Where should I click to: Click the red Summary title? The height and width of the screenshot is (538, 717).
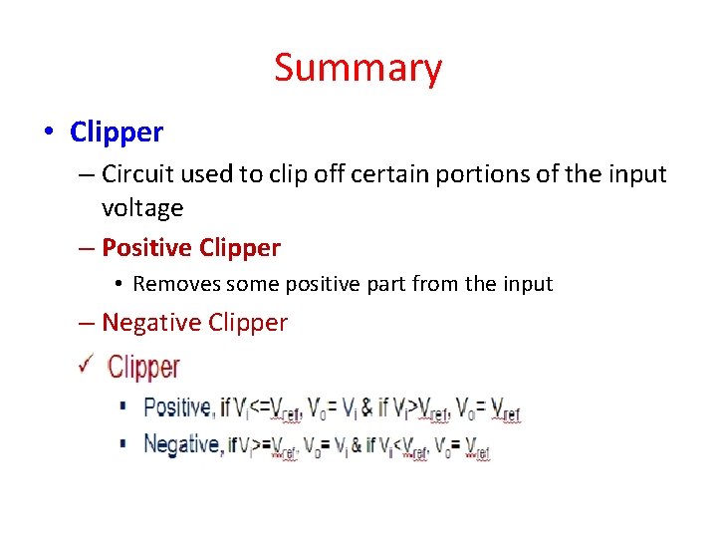(x=358, y=68)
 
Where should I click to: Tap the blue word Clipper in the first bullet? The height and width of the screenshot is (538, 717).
(x=117, y=132)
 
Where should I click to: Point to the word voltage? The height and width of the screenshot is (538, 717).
(x=142, y=208)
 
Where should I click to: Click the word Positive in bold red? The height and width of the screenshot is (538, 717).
(x=146, y=248)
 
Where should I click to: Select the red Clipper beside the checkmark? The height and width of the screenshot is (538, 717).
(x=143, y=368)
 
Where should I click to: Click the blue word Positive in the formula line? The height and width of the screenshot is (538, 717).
(x=176, y=407)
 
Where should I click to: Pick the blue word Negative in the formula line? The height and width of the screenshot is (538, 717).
(x=183, y=444)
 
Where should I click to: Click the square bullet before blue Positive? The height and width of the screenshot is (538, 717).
(x=122, y=406)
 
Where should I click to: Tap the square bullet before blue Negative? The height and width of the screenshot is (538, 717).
(x=122, y=444)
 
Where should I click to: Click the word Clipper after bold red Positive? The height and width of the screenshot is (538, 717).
(x=240, y=248)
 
